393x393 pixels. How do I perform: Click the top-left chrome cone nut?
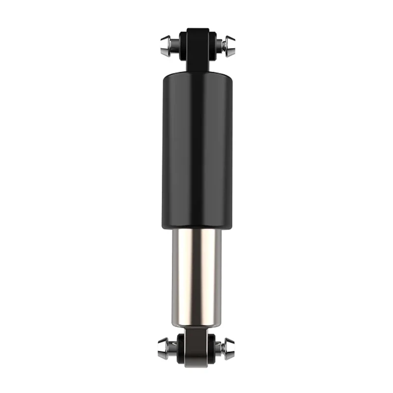click(x=166, y=45)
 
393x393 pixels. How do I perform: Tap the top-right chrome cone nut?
click(x=229, y=45)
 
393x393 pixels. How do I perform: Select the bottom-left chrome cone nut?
click(x=164, y=348)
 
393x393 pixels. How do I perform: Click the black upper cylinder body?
click(x=196, y=147)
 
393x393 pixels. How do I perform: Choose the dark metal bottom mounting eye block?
click(x=196, y=346)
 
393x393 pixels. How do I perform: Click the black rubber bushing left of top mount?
click(x=181, y=44)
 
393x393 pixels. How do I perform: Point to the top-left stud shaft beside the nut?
click(x=175, y=45)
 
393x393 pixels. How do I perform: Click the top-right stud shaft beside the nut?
click(x=219, y=45)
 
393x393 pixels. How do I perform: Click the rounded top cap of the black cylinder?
click(x=196, y=75)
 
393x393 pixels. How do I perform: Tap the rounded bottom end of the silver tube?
click(x=196, y=324)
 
